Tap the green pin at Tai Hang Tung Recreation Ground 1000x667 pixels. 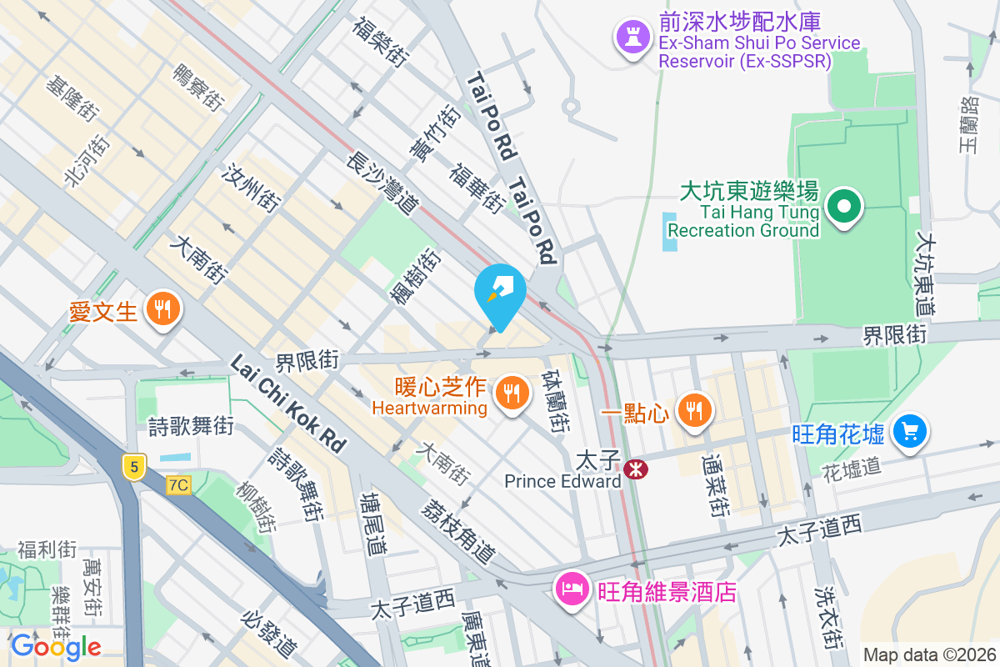click(x=843, y=204)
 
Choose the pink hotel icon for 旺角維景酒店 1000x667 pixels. click(x=572, y=589)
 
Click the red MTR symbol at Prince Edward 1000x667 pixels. click(x=636, y=469)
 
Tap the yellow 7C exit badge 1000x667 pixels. click(x=178, y=484)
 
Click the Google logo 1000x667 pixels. click(x=56, y=646)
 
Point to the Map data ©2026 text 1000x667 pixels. click(x=928, y=654)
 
